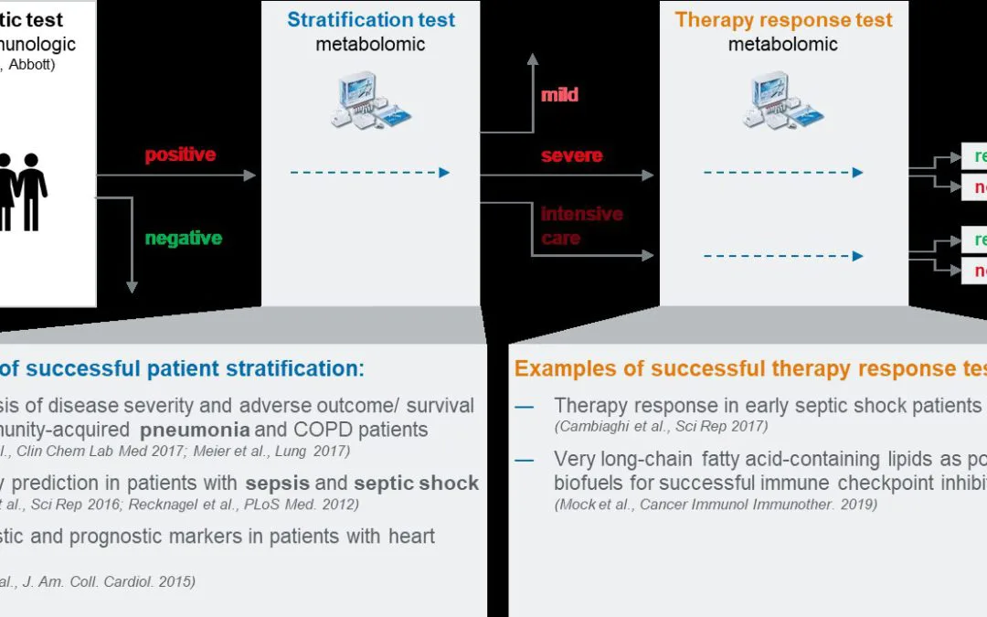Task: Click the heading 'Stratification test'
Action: pyautogui.click(x=370, y=20)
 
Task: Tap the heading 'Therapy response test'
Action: pyautogui.click(x=783, y=20)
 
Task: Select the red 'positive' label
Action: pyautogui.click(x=180, y=154)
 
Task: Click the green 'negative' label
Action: pyautogui.click(x=183, y=239)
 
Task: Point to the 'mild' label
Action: pyautogui.click(x=559, y=95)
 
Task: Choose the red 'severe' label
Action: pyautogui.click(x=571, y=155)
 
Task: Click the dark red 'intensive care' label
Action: pyautogui.click(x=580, y=226)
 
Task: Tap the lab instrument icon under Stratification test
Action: pyautogui.click(x=370, y=101)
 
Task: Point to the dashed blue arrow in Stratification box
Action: pyautogui.click(x=370, y=173)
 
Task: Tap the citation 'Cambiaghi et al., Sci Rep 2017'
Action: pyautogui.click(x=661, y=426)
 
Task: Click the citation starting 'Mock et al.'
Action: pyautogui.click(x=716, y=505)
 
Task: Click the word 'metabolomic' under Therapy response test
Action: pyautogui.click(x=783, y=44)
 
